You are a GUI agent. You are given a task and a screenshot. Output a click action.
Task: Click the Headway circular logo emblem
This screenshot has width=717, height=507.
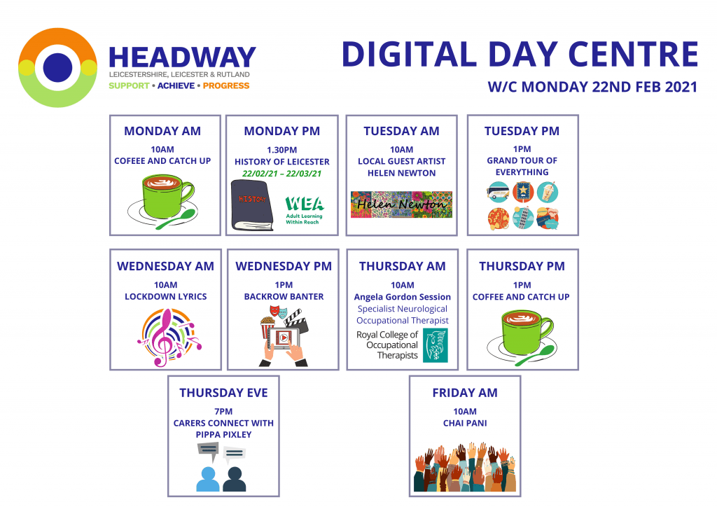point(57,68)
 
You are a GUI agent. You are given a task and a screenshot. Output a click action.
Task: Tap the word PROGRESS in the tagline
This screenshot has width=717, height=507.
point(226,85)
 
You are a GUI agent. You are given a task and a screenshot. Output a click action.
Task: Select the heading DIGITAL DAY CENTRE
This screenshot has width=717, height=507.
point(520,55)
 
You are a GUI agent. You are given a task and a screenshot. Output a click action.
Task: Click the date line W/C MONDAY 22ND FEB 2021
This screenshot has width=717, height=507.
point(592,87)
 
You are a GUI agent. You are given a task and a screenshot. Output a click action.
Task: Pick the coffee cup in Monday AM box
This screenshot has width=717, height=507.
point(162,201)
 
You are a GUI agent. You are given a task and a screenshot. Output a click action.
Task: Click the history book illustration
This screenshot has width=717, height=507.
point(252,204)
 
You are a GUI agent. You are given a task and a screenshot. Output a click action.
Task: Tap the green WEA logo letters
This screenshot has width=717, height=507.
point(305,204)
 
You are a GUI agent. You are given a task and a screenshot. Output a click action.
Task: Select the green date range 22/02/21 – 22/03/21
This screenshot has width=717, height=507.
point(281,174)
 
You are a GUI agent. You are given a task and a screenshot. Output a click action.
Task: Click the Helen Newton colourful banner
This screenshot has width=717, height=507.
point(401,204)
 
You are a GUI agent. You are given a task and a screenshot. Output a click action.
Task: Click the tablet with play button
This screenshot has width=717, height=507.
point(284,339)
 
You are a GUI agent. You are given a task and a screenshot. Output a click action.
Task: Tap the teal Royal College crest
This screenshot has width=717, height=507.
point(436,345)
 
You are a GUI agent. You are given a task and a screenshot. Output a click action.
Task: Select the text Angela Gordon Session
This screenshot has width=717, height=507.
point(403,297)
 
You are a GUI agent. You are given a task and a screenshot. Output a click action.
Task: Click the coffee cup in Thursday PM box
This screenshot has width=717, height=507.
point(522,338)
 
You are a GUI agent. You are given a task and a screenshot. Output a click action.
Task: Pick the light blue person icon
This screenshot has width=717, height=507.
point(207,479)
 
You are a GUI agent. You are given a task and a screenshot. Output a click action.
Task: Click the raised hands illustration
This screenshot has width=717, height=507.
point(465,467)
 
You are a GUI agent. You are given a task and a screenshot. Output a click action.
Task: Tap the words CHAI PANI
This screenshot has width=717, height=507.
point(465,424)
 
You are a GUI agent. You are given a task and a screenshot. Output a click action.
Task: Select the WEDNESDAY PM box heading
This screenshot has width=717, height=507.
point(284,266)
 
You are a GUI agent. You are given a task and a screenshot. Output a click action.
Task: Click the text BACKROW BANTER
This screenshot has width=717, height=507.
point(284,297)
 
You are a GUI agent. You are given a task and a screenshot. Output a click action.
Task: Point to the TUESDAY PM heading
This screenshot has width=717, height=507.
point(522,131)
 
